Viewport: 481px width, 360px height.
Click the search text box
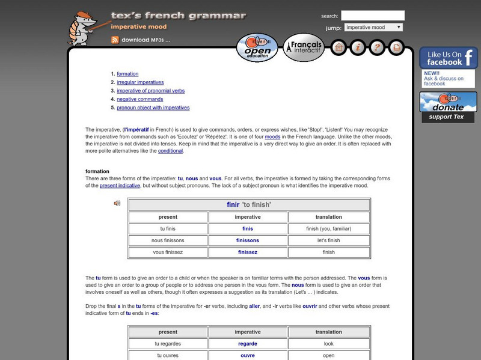[x=373, y=16]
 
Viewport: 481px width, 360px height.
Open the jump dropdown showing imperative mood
[x=373, y=28]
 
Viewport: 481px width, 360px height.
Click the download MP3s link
[x=146, y=40]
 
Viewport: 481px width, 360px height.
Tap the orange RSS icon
[x=115, y=40]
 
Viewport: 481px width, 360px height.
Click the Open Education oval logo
[x=257, y=47]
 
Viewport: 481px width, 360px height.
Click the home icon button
[x=339, y=47]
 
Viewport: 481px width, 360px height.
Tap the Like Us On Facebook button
[x=449, y=58]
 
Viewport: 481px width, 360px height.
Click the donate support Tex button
[x=449, y=107]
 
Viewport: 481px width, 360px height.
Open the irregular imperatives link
[x=140, y=82]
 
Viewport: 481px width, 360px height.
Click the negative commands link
[x=140, y=99]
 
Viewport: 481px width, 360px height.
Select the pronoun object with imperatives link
[x=153, y=108]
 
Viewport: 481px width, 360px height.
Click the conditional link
[x=170, y=151]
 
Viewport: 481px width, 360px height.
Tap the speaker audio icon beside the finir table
[x=117, y=203]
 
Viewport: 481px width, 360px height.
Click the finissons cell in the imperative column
[x=248, y=240]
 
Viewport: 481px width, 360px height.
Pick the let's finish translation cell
[x=328, y=240]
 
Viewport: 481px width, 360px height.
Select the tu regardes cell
[x=168, y=344]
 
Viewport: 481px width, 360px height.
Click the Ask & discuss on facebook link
[x=444, y=81]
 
